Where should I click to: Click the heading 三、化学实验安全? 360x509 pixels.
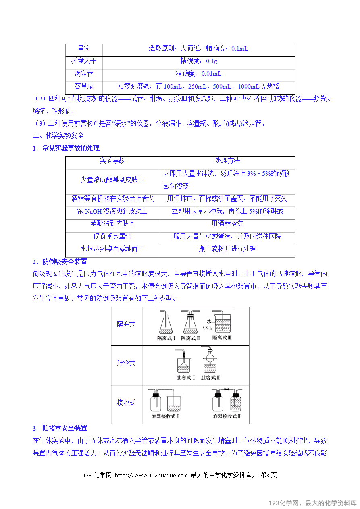pyautogui.click(x=58, y=136)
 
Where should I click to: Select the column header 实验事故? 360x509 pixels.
pyautogui.click(x=112, y=161)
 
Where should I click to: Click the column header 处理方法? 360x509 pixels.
pyautogui.click(x=227, y=161)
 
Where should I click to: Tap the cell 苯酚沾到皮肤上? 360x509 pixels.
pyautogui.click(x=112, y=224)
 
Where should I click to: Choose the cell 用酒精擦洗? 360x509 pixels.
pyautogui.click(x=227, y=224)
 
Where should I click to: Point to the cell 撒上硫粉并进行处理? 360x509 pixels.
pyautogui.click(x=227, y=249)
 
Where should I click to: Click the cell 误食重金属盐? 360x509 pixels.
pyautogui.click(x=112, y=236)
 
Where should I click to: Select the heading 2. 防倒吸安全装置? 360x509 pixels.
pyautogui.click(x=60, y=262)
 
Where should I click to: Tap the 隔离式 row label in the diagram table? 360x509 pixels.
pyautogui.click(x=126, y=324)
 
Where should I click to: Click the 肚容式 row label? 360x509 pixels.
pyautogui.click(x=126, y=364)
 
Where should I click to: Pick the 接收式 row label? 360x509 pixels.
pyautogui.click(x=126, y=403)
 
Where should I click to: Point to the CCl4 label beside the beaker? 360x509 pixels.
pyautogui.click(x=207, y=328)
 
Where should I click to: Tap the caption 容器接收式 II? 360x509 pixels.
pyautogui.click(x=227, y=416)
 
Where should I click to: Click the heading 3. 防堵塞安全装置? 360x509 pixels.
pyautogui.click(x=60, y=428)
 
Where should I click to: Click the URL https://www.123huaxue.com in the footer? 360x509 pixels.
pyautogui.click(x=151, y=475)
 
